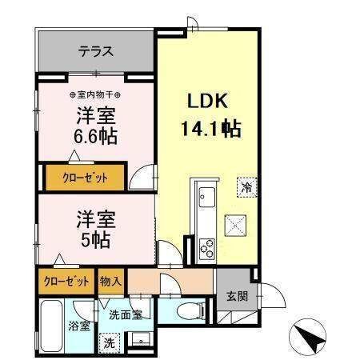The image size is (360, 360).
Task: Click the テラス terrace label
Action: click(x=95, y=51)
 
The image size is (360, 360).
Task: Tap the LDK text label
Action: click(x=208, y=101)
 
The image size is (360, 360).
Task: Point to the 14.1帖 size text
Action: click(x=211, y=129)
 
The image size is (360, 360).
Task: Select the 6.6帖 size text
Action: click(x=95, y=136)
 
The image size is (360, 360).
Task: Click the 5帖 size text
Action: click(x=95, y=240)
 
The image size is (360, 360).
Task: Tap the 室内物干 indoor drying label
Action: click(x=95, y=94)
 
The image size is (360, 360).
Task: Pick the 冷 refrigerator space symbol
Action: click(x=247, y=187)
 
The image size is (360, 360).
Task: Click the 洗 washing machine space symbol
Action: click(x=109, y=342)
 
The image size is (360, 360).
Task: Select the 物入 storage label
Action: click(x=110, y=282)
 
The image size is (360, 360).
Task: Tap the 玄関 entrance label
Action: click(x=237, y=296)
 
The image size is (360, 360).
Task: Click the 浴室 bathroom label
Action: click(x=79, y=326)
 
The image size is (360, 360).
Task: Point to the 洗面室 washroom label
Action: click(x=126, y=315)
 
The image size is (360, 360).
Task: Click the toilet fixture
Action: click(x=190, y=311)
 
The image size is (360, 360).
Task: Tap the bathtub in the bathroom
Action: click(x=51, y=326)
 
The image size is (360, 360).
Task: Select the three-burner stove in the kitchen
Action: click(x=207, y=248)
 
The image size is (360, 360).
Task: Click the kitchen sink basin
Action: click(x=207, y=198)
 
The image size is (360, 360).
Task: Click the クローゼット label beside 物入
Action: click(x=66, y=282)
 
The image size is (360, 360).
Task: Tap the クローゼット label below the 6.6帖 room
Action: click(x=85, y=178)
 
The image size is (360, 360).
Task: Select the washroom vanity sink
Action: click(x=140, y=339)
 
